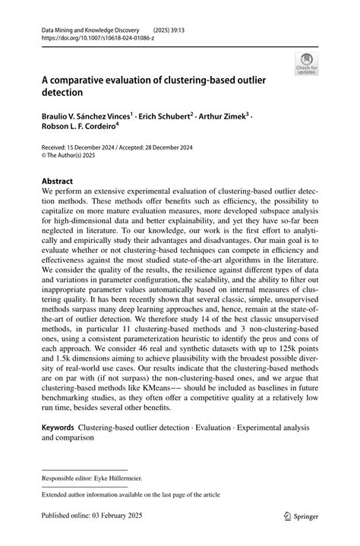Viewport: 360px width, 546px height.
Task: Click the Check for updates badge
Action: [x=308, y=64]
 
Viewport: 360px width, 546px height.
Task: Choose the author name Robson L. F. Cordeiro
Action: [x=81, y=128]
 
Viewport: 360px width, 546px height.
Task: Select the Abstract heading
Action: [x=57, y=182]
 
